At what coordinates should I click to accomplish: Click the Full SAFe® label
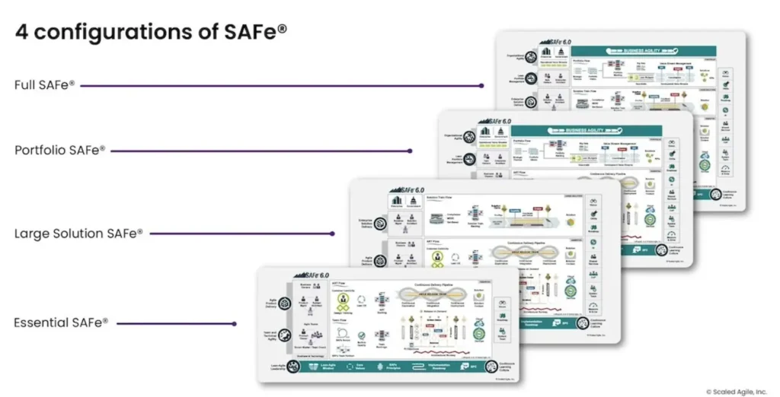45,85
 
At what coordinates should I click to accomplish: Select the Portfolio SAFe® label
60,151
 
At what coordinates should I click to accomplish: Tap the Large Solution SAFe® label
78,233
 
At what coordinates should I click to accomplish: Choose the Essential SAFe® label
61,322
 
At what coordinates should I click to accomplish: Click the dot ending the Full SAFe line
481,86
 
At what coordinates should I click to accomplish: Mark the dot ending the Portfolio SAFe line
411,151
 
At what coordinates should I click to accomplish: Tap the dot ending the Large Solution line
332,233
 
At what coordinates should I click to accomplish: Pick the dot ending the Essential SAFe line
235,323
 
